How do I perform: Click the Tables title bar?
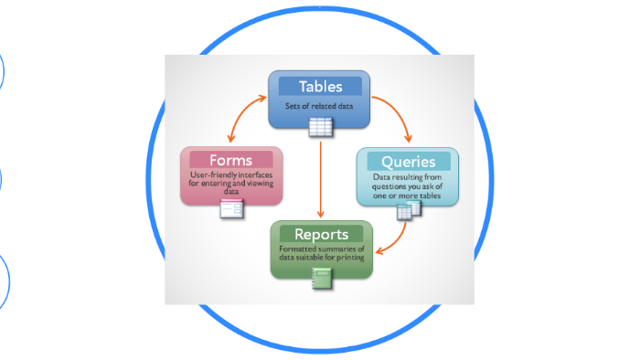pos(320,87)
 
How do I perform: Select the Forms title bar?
pos(230,160)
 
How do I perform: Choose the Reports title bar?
pos(321,234)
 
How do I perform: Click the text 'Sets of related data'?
pos(320,106)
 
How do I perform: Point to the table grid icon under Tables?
pos(320,127)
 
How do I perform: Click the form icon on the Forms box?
pos(232,209)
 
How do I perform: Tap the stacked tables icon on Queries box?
pos(409,210)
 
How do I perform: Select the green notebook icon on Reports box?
pos(321,280)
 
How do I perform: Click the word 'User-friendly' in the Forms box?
pos(211,175)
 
